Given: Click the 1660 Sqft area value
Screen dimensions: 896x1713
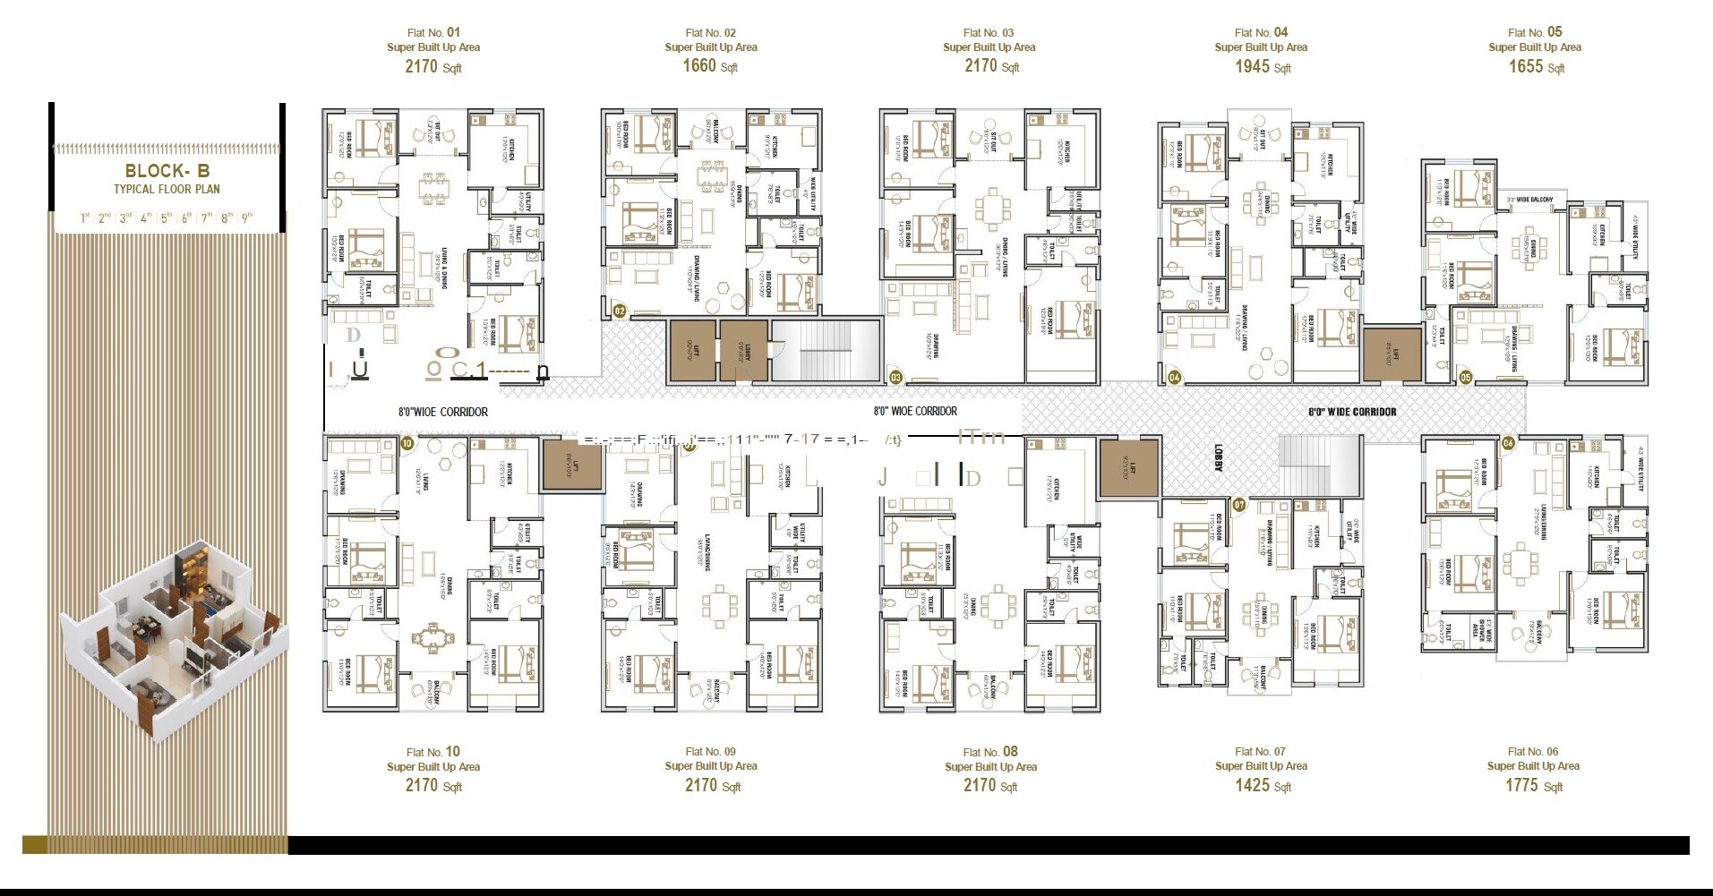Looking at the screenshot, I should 709,66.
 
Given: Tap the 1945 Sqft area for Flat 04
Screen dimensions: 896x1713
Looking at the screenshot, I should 1262,66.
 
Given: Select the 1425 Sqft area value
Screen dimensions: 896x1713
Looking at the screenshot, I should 1262,785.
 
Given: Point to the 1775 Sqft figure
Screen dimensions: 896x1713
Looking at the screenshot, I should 1533,786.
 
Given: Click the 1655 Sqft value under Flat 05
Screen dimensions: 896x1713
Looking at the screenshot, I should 1536,66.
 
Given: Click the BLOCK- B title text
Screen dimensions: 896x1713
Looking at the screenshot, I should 167,171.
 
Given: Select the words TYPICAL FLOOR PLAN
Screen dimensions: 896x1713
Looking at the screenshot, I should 167,189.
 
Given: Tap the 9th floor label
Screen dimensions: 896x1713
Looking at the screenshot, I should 247,218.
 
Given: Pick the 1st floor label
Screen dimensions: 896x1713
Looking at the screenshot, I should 85,218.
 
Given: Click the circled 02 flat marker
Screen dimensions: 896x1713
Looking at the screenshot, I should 619,311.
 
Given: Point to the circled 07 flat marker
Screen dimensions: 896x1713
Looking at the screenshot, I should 1239,505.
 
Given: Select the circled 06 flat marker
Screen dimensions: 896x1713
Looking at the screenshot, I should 1508,443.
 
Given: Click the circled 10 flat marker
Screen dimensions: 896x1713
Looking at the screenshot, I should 407,443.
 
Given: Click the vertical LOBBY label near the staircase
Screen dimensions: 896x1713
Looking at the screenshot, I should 1219,456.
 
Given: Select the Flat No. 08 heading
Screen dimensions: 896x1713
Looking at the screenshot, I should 989,752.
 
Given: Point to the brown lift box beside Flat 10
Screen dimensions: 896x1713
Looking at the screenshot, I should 571,465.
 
